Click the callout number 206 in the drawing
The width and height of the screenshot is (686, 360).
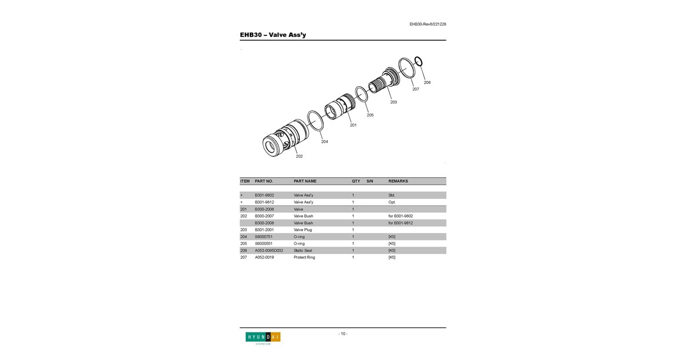point(427,82)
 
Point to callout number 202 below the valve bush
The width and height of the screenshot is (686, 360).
point(299,156)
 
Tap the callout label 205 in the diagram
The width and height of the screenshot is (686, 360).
point(370,115)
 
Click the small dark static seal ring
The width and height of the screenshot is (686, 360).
point(418,61)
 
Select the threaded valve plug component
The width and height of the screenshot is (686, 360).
point(384,81)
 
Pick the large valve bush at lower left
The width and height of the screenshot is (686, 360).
point(285,138)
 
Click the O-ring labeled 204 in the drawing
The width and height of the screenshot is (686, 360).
point(315,121)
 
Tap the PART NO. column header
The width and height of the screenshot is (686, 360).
point(264,181)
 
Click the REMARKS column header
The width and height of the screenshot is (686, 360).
point(398,181)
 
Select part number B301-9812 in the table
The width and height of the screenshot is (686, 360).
point(264,202)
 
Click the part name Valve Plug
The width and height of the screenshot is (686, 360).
point(302,230)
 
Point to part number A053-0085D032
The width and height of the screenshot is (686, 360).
point(269,250)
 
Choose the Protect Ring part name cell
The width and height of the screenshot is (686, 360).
point(304,258)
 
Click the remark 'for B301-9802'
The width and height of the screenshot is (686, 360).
point(401,216)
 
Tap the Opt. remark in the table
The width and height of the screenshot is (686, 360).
point(392,202)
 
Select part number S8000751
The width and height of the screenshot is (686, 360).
point(264,237)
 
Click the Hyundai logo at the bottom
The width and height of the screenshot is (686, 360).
point(263,338)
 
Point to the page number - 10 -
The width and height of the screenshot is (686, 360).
point(343,334)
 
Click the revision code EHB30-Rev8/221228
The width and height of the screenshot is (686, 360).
point(428,24)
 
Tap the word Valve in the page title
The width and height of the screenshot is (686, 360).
point(277,35)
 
